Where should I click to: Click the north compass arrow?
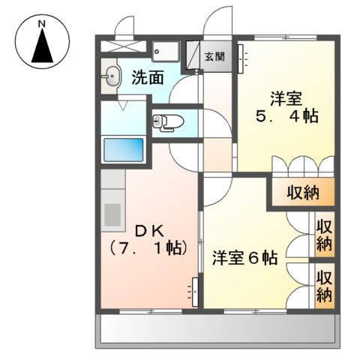(x=43, y=49)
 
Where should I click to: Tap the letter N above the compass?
(x=43, y=24)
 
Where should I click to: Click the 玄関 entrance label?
(x=214, y=55)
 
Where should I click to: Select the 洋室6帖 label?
(x=244, y=257)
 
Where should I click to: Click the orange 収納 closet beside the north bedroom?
(x=303, y=193)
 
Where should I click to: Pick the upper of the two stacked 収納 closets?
(x=323, y=235)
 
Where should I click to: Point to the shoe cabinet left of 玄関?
(x=193, y=54)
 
